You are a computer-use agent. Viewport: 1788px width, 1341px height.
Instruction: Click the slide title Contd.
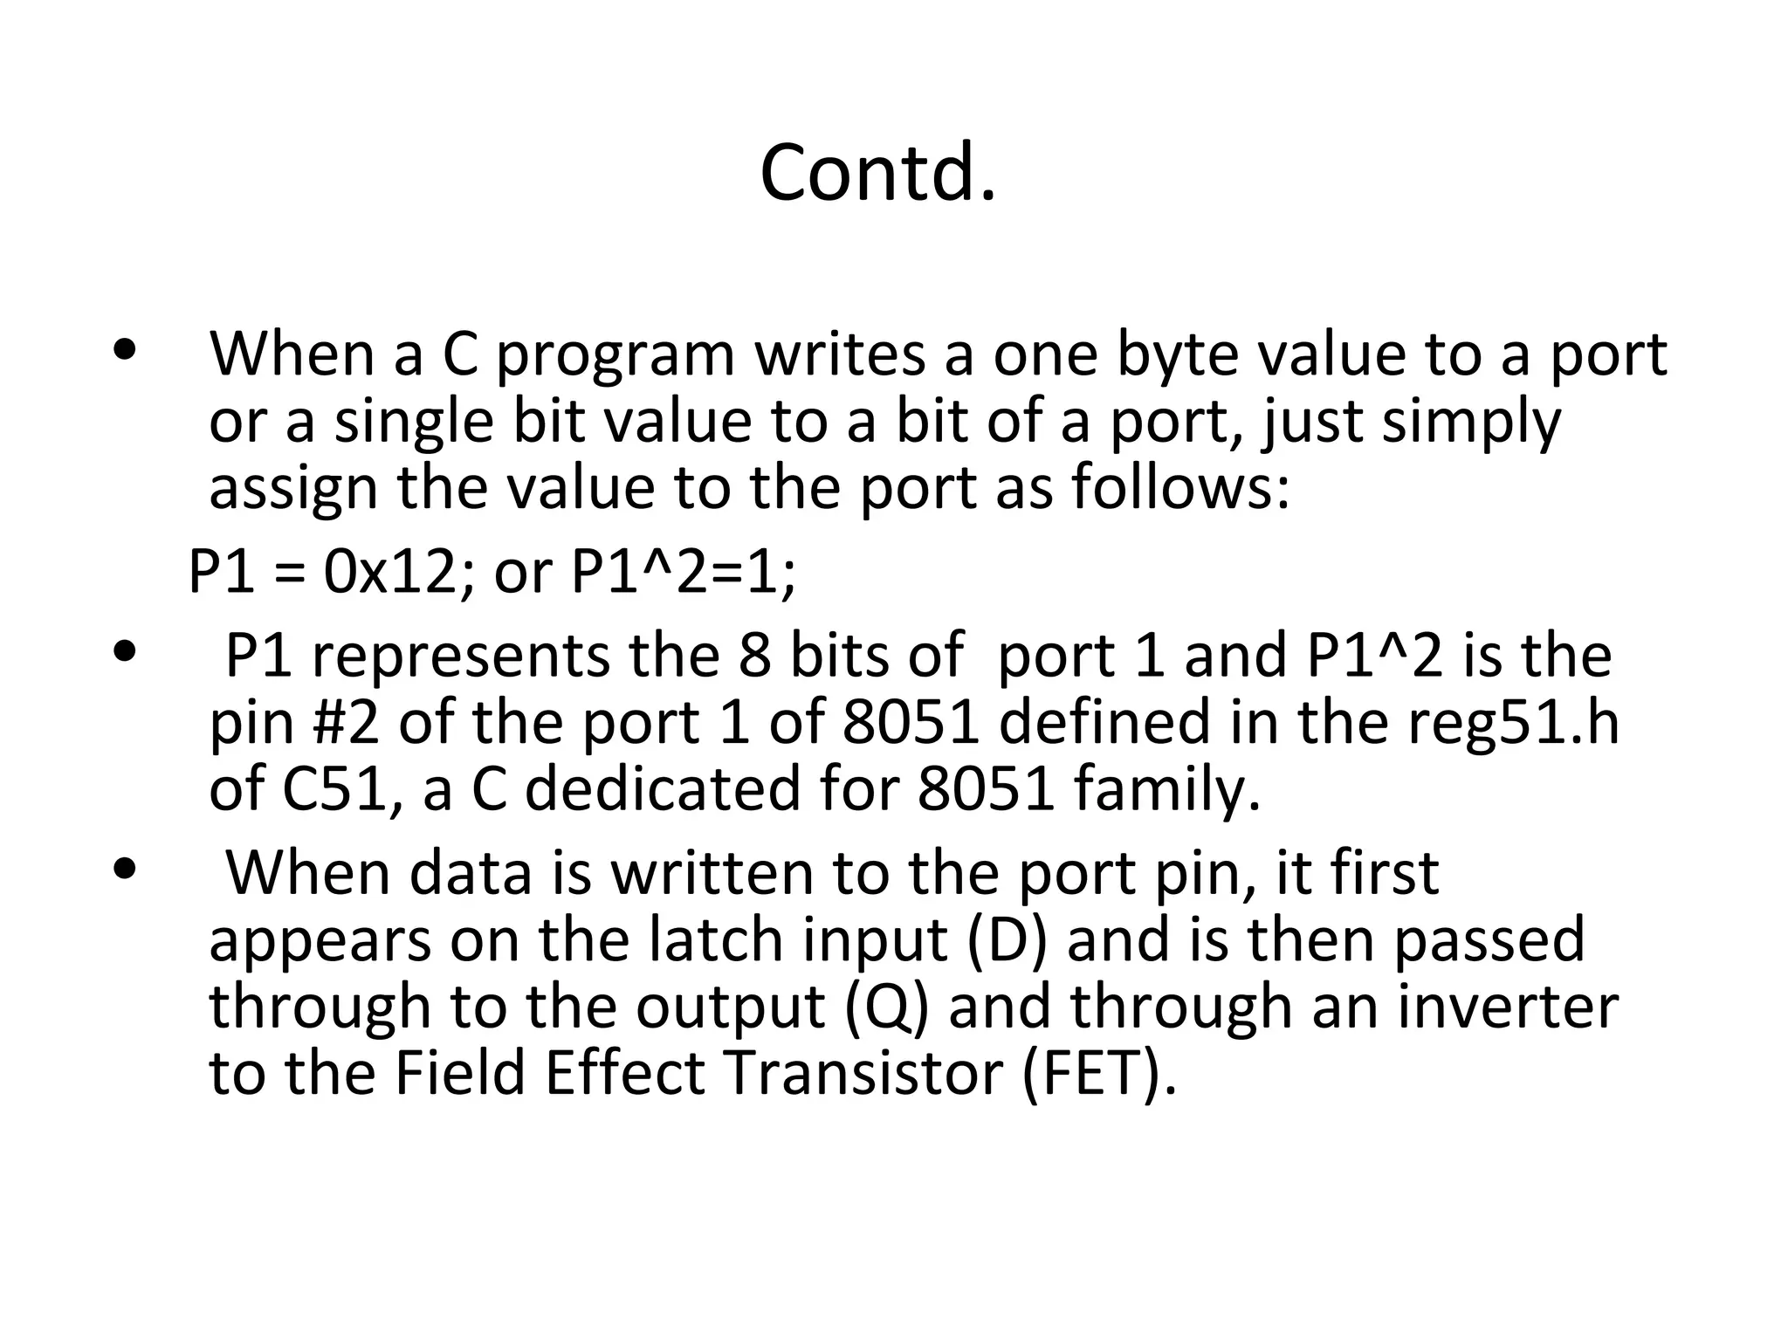coord(877,173)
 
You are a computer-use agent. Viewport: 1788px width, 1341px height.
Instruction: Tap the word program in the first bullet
coord(615,356)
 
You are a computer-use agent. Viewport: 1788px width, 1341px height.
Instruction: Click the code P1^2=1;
coord(684,574)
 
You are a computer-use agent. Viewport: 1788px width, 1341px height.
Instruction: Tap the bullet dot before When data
coord(125,870)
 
